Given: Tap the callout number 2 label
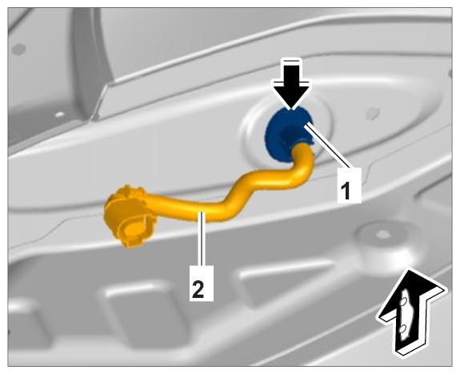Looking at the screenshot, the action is point(202,284).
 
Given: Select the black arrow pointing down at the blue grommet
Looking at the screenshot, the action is point(291,85).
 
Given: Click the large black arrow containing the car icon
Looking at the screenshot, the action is point(412,312).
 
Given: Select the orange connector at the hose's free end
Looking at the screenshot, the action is point(129,216).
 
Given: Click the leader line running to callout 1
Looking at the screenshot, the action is point(327,146).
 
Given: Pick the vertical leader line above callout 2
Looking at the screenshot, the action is point(201,239).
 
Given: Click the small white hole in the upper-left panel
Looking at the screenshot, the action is point(59,114).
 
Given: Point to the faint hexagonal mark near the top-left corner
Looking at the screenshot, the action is point(18,49).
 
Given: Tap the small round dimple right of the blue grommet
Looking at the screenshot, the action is point(373,113).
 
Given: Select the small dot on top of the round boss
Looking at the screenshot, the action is point(382,234).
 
